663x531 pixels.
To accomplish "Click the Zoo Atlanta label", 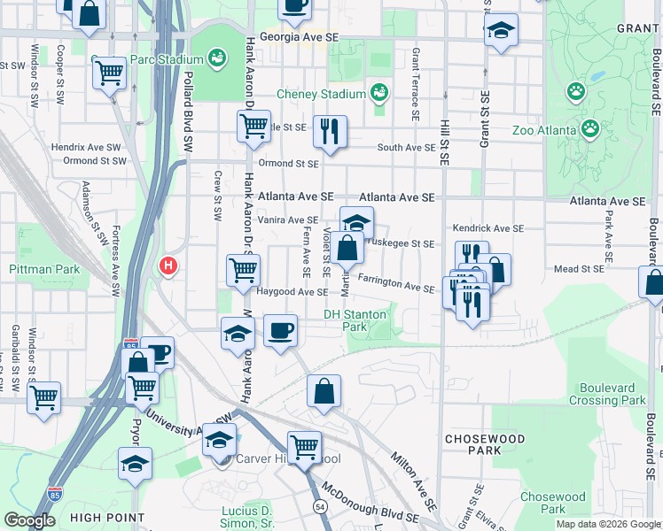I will (543, 130).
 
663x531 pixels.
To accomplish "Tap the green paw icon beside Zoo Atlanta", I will (589, 129).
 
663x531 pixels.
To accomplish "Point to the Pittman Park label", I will (44, 269).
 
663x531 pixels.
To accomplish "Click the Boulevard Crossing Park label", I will (612, 394).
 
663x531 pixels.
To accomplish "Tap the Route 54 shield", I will (319, 504).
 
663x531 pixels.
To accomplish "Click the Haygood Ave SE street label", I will (292, 291).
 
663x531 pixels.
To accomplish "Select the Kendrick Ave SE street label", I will (487, 228).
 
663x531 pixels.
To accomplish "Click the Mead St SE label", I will (579, 268).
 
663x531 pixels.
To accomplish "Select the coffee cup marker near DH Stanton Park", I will (281, 331).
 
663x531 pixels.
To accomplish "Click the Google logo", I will (29, 520).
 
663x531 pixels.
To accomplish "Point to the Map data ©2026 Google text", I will (608, 523).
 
